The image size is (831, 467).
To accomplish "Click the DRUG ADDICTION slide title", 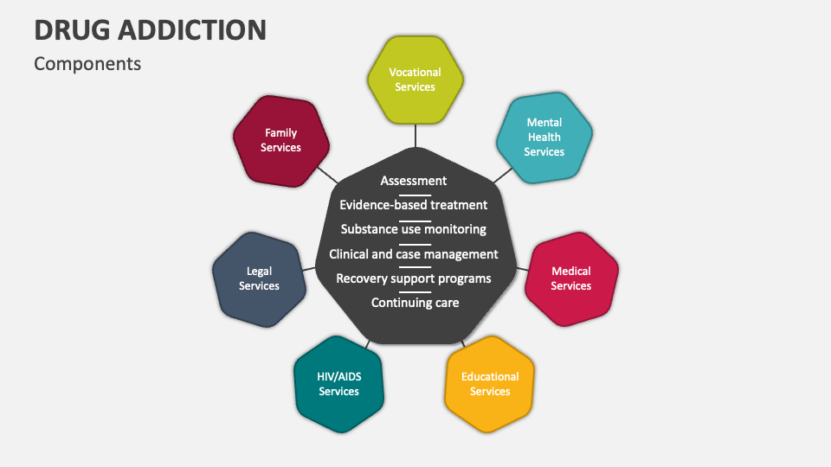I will (150, 29).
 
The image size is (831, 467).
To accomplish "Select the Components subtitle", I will (87, 64).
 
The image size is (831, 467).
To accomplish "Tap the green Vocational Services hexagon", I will (415, 80).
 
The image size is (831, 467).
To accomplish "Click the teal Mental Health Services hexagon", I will (544, 138).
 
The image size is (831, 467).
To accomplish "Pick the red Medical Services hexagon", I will (571, 278).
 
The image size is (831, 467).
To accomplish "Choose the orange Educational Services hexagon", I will (490, 384).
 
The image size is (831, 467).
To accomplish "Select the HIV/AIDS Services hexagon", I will (338, 384).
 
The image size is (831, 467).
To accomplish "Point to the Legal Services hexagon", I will (259, 278).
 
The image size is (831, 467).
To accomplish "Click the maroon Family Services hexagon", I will (280, 140).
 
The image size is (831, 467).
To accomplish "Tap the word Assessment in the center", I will (414, 181).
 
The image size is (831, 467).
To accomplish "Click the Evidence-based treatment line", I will (414, 205).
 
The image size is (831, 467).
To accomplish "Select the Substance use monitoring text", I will (414, 229).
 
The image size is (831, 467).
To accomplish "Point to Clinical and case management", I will (414, 254).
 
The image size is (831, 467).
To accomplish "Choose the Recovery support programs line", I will (414, 278).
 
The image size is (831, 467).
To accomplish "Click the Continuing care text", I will (415, 303).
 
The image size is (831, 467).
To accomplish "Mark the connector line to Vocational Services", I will (415, 136).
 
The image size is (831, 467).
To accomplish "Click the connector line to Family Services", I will (328, 174).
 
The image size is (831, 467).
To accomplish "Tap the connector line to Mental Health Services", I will (502, 176).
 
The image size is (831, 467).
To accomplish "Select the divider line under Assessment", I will (415, 194).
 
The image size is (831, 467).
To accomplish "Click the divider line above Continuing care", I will (415, 291).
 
